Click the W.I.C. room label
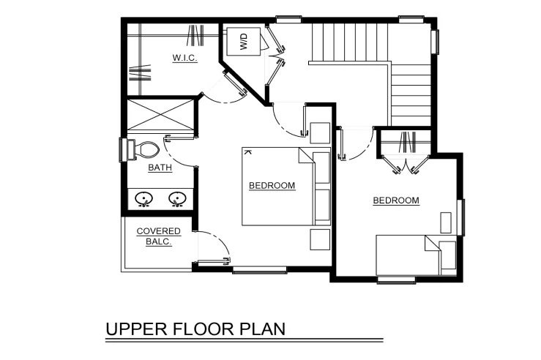185,58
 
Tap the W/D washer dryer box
243,42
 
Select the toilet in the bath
143,150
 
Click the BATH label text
160,168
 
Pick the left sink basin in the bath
144,199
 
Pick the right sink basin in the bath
177,199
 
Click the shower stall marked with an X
160,115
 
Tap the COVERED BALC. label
159,236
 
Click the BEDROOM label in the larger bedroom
272,186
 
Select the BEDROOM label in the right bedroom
396,200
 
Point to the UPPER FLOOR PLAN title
195,329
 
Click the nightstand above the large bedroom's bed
320,132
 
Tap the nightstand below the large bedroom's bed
320,240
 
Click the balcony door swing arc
221,240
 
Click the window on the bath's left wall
122,150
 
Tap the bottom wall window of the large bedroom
259,270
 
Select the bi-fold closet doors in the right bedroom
406,164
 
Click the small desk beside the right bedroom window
446,222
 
